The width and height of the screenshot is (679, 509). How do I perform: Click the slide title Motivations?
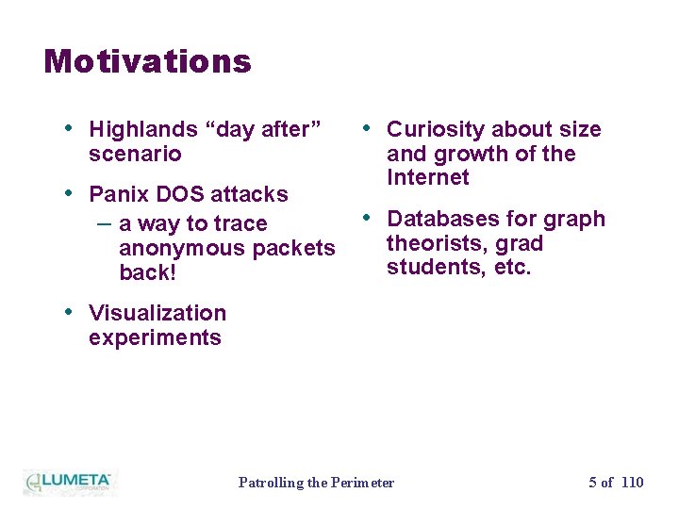[147, 62]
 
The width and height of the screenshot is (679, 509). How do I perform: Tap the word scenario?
[135, 154]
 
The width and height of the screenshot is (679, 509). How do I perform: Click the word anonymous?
[178, 249]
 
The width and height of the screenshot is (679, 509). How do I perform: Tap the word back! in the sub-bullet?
[147, 273]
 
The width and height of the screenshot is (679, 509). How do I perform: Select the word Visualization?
[157, 313]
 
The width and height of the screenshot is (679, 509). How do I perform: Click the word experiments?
[155, 337]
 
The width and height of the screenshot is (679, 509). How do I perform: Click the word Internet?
[427, 178]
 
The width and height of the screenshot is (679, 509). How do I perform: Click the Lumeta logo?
[69, 482]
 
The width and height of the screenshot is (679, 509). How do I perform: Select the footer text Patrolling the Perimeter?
[316, 483]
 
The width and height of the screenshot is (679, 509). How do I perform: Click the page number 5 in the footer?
[593, 483]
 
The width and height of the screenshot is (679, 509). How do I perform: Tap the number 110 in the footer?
[633, 483]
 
